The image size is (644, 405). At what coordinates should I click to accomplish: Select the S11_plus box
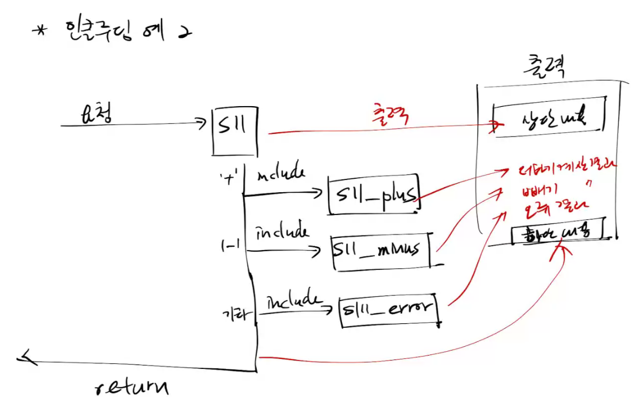(x=374, y=195)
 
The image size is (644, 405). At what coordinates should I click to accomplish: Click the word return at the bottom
(x=132, y=386)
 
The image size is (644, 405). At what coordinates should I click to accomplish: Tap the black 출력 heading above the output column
(x=547, y=69)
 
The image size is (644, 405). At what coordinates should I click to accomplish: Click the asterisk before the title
(x=40, y=32)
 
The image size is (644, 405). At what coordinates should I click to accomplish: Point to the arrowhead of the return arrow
(x=25, y=360)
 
